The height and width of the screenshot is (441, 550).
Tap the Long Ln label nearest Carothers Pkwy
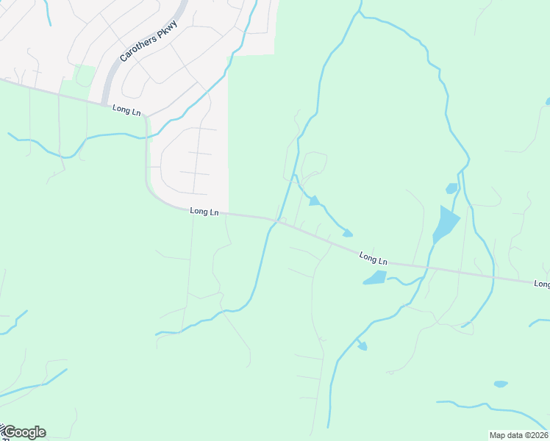[126, 110]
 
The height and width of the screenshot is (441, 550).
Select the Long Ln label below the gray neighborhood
[204, 212]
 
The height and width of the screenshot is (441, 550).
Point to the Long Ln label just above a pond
[374, 259]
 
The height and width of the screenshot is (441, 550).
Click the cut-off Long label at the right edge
[542, 284]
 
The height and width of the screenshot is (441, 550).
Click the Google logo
[24, 432]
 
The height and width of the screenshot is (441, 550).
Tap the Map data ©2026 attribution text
[518, 435]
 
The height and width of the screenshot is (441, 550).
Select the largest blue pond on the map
[445, 223]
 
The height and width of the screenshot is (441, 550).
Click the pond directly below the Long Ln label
[375, 278]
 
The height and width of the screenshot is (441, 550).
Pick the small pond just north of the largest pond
[451, 189]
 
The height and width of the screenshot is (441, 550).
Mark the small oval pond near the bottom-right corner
[501, 384]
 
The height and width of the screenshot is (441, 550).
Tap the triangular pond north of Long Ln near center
[314, 201]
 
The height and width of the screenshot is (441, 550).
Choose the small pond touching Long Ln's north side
[347, 234]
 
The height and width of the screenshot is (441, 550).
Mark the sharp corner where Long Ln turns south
[148, 118]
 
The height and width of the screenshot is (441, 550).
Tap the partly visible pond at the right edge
[547, 101]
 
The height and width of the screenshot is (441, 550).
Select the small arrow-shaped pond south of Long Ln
[361, 345]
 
